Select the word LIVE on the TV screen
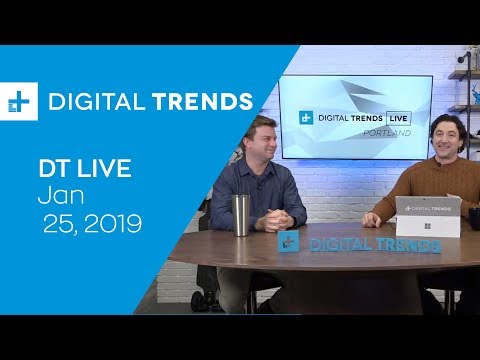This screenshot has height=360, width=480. (x=396, y=118)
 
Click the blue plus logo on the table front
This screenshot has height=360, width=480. (x=289, y=243)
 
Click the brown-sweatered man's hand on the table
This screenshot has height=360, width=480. (x=372, y=218)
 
